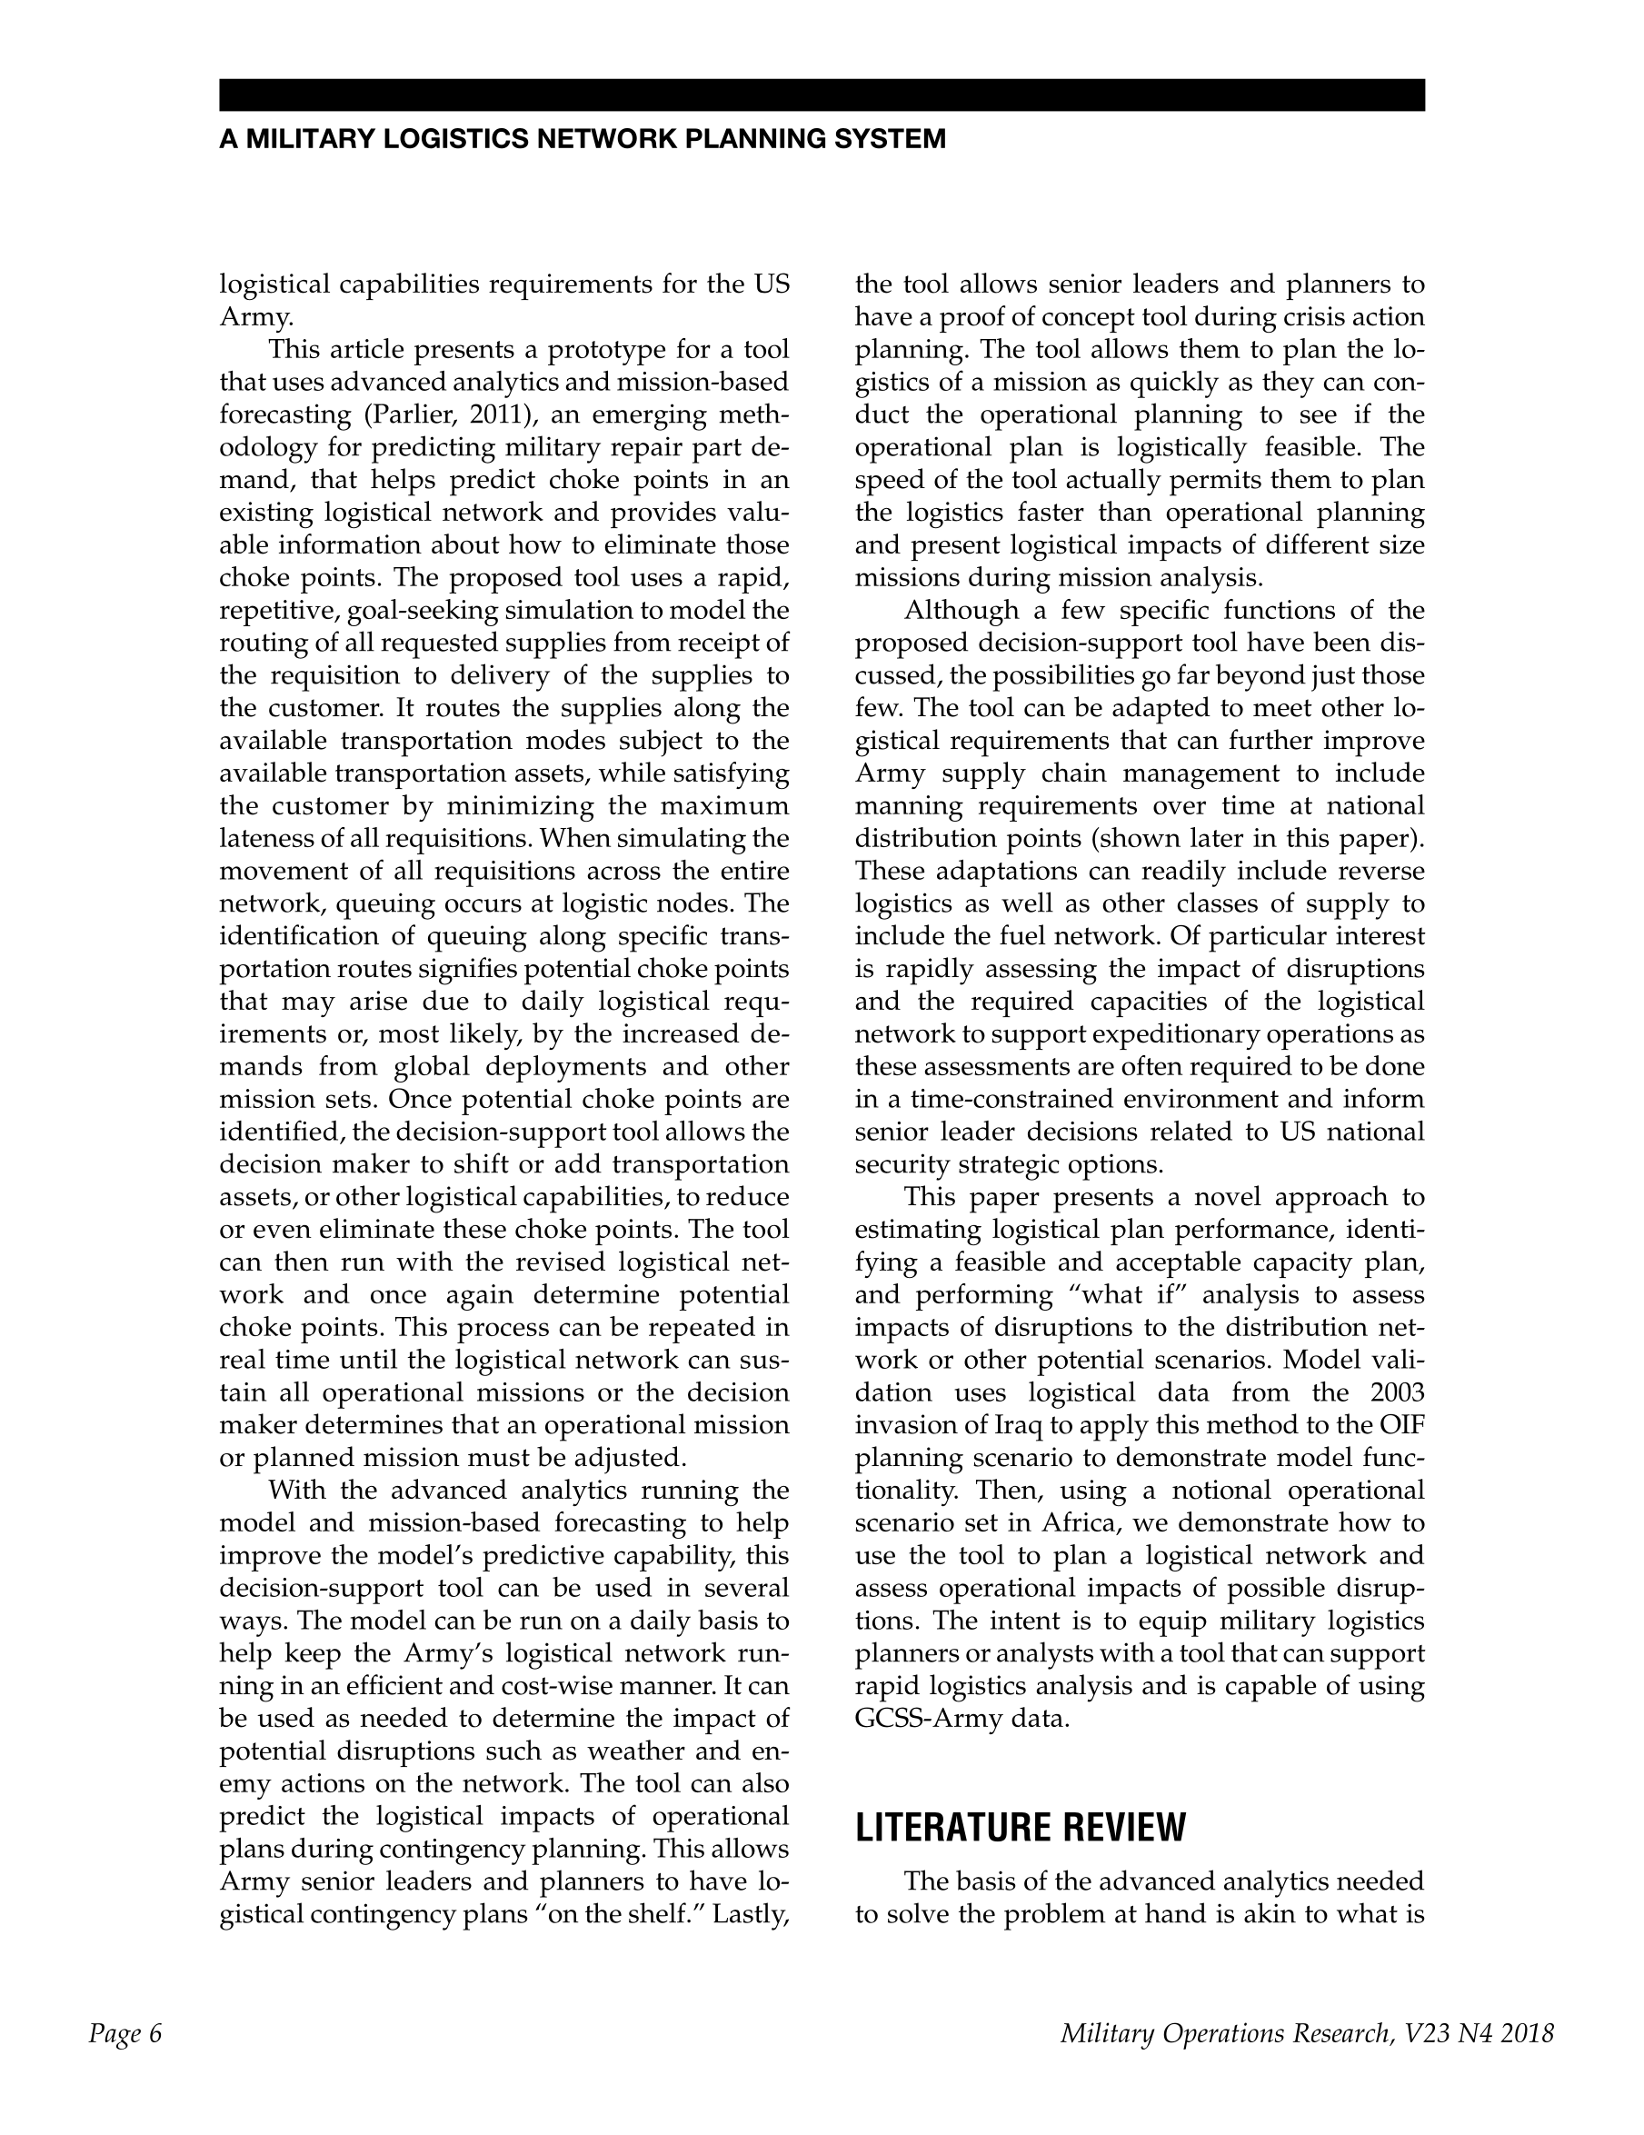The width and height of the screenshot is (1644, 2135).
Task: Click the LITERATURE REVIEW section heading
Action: tap(1020, 1827)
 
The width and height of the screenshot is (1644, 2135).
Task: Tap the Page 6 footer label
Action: tap(125, 2034)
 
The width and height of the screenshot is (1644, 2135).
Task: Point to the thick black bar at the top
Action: tap(821, 95)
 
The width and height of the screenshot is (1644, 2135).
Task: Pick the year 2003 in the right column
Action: tap(1397, 1392)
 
